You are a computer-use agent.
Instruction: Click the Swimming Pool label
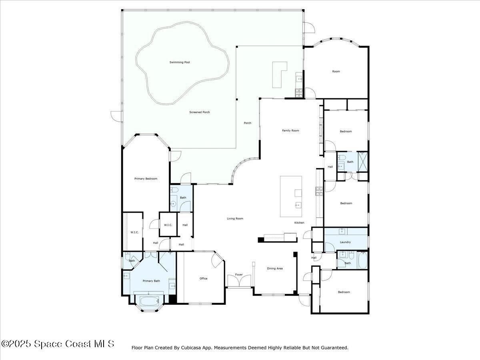pos(180,62)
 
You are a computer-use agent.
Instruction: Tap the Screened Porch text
pos(200,112)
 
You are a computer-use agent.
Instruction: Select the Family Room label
pos(290,130)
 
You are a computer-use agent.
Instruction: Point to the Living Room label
pos(235,218)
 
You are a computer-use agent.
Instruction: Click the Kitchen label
pos(299,222)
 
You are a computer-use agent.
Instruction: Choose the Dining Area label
pos(275,268)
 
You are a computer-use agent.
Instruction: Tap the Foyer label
pos(239,275)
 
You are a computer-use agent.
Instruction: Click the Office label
pos(204,278)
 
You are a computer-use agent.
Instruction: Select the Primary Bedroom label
pos(146,179)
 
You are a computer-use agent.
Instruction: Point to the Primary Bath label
pos(151,281)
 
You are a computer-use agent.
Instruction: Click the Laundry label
pos(345,242)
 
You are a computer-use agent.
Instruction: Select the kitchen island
pos(296,196)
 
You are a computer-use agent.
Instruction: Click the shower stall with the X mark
pos(362,161)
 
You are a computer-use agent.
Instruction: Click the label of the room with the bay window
pos(336,72)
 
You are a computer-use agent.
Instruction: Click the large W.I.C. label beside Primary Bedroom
pos(134,232)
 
